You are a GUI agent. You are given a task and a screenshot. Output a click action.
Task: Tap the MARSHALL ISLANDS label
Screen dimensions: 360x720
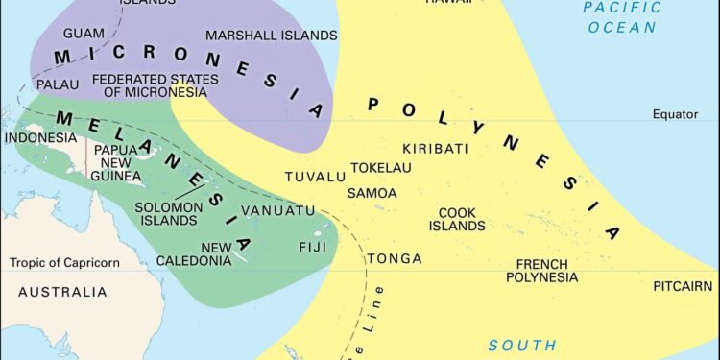point(272,36)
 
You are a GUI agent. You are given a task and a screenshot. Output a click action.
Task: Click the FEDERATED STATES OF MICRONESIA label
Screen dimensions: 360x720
point(149,85)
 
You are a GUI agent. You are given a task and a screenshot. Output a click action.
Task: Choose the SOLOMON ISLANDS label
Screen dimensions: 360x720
point(168,213)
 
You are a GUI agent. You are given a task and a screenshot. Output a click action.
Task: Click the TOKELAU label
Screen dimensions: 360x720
point(381,168)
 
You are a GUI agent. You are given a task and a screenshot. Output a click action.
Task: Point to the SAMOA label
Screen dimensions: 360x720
point(372,193)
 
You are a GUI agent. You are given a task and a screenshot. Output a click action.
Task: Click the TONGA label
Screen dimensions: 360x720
point(394,258)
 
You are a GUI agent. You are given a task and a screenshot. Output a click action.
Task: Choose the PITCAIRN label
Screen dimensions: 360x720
point(684,286)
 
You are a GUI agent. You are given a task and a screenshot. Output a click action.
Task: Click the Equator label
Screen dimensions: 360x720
point(675,114)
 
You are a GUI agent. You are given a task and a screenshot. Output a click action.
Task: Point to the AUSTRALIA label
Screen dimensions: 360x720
point(55,292)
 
